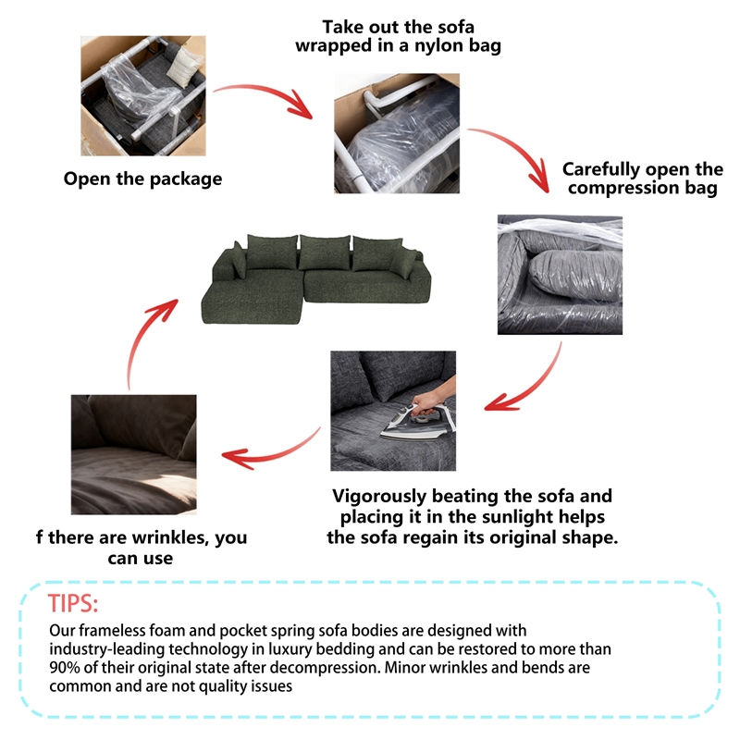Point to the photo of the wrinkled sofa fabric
134,454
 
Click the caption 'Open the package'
142,179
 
